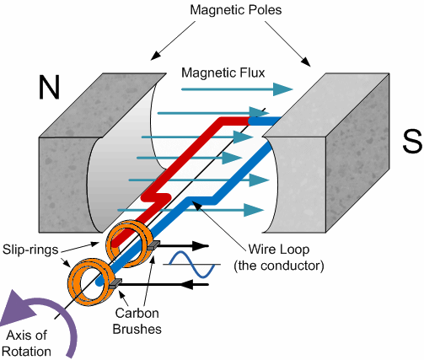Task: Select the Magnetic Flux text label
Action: (x=224, y=73)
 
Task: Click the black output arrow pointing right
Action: (x=194, y=247)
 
